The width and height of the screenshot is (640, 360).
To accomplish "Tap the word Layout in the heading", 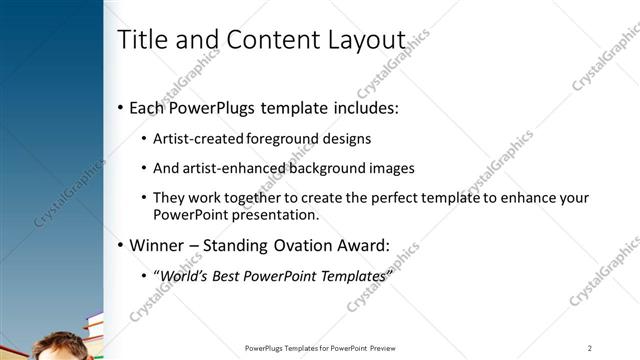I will tap(362, 40).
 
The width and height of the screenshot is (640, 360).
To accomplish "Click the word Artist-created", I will tap(197, 139).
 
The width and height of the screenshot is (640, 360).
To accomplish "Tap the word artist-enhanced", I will tap(234, 168).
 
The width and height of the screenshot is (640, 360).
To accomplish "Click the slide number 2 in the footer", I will tap(590, 347).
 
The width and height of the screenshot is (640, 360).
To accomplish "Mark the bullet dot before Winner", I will tap(121, 245).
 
